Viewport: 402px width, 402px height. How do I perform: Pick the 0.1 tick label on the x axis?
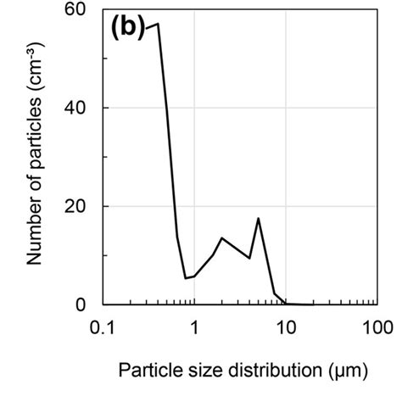103,327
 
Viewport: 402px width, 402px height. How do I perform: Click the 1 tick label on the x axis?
194,327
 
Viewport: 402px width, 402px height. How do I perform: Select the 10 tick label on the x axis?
286,327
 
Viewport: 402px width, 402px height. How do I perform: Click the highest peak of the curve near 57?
158,24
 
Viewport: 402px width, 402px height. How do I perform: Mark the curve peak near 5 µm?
258,219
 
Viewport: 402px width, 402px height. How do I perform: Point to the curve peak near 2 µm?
221,238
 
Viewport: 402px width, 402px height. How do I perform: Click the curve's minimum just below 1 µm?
186,278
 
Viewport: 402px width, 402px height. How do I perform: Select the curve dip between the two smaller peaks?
249,258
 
